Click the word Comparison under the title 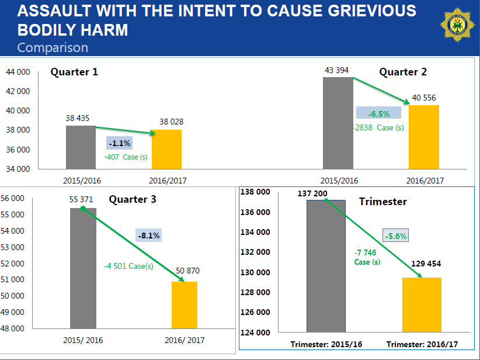coord(53,47)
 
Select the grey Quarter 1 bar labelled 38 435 coord(81,147)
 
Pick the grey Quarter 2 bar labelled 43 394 coord(338,123)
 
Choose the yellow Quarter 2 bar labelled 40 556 coord(423,137)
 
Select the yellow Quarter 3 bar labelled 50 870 coord(184,304)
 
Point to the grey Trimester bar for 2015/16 coord(326,266)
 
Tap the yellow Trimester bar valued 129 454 coord(422,305)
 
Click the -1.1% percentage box coord(120,143)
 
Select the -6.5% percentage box coord(378,114)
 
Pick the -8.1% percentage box coord(149,236)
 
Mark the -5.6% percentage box coord(395,236)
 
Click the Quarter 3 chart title coord(133,199)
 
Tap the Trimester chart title coord(382,202)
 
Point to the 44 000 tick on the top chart coord(18,72)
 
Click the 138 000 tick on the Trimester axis coord(256,192)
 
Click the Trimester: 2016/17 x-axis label coord(422,344)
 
